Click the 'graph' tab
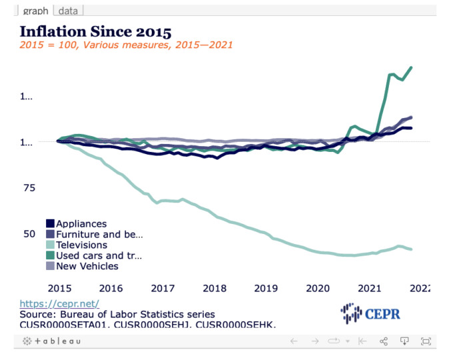click(x=35, y=11)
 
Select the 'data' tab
click(x=69, y=11)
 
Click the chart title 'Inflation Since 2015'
click(x=95, y=31)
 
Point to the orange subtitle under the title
click(x=126, y=45)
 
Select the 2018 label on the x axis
click(x=215, y=288)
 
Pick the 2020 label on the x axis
click(x=318, y=288)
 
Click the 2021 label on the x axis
click(x=370, y=288)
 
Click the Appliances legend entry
click(x=81, y=224)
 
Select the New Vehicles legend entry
click(x=87, y=266)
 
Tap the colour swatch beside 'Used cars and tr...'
click(x=50, y=255)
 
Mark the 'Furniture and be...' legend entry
click(x=99, y=235)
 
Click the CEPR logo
click(x=370, y=312)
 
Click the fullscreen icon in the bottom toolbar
click(x=426, y=341)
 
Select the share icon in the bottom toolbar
click(x=384, y=341)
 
